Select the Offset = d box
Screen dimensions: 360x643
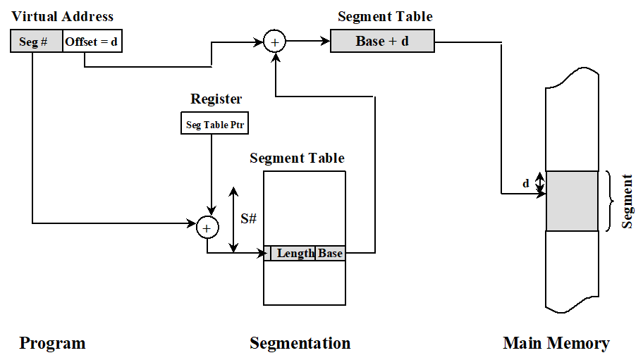coord(92,42)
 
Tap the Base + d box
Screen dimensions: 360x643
coord(382,41)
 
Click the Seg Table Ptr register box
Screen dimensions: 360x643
coord(216,125)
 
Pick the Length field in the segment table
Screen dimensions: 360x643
coord(294,253)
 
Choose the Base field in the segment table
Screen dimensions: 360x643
coord(330,253)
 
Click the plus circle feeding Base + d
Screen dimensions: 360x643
coord(274,42)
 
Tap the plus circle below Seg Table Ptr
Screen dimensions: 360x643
coord(207,227)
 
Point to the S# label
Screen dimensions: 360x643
coord(248,218)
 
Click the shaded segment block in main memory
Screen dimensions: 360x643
coord(572,201)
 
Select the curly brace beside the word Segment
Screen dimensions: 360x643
coord(611,201)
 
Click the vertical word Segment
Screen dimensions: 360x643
coord(627,201)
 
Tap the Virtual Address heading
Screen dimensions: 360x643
coord(62,16)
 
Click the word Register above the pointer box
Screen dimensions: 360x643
coord(216,99)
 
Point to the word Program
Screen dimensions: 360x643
coord(52,343)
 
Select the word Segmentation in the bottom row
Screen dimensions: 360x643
coord(300,343)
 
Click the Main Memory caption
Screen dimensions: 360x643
coord(556,343)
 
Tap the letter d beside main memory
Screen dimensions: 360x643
coord(526,184)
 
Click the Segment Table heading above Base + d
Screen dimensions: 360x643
coord(385,16)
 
